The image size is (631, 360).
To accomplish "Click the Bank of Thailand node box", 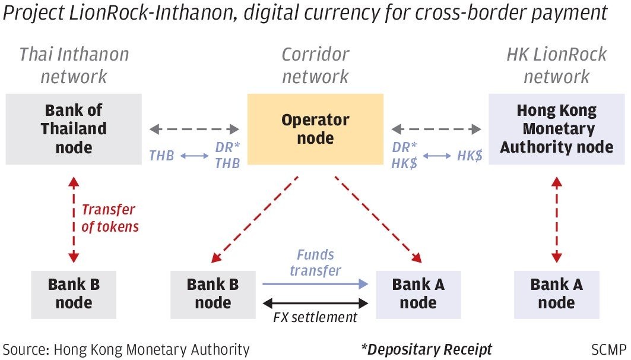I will click(74, 129).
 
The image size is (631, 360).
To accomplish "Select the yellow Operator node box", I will click(315, 129).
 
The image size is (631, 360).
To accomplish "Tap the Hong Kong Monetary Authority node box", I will click(556, 129).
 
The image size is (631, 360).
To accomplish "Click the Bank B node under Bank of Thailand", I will click(74, 293).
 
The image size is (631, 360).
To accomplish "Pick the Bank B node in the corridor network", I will click(213, 293).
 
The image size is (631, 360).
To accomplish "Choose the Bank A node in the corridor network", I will click(418, 293).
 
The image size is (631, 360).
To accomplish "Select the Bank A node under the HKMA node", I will click(556, 293).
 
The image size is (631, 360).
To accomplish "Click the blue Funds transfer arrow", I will click(315, 284).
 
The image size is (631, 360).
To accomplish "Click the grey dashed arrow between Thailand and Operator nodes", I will click(194, 128).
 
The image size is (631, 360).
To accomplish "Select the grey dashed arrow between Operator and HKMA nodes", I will click(436, 128).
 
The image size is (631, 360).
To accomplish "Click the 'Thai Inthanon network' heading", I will click(74, 65).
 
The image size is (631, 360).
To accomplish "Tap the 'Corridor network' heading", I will click(315, 65).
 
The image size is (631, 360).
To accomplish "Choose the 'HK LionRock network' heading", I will click(556, 65).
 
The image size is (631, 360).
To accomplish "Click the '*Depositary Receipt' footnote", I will click(426, 349).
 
